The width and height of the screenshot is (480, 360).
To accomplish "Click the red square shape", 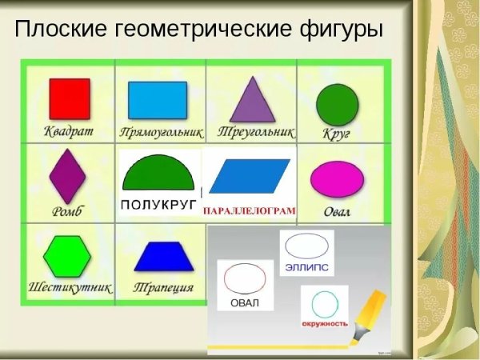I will point(70,98).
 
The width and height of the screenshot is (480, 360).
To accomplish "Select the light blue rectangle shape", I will point(158,101).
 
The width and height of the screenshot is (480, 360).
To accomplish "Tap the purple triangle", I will point(252,99).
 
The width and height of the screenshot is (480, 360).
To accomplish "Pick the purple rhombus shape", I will point(67,177).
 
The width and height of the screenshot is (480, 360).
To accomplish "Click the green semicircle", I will point(158,173).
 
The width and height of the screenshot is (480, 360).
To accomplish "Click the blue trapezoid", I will point(163,256).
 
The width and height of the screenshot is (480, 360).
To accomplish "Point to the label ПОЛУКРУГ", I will point(158,205).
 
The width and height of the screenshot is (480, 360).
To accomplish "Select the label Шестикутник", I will point(70,286).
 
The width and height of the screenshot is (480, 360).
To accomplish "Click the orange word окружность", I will point(324,324).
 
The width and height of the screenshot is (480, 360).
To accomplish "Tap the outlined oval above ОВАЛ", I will point(246,278).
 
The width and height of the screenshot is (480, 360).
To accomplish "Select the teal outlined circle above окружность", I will point(324,304).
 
